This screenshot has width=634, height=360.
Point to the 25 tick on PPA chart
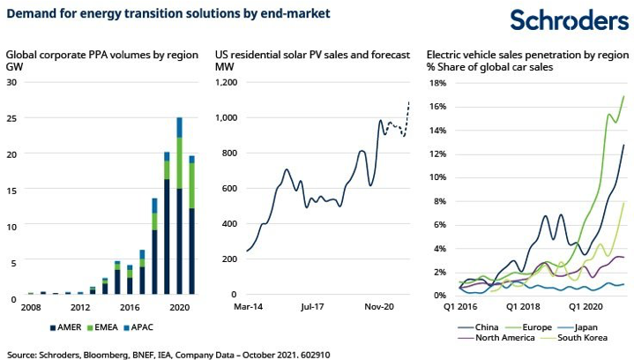pyautogui.click(x=11, y=118)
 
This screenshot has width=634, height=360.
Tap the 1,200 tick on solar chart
pyautogui.click(x=228, y=82)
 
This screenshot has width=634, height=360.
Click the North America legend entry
pyautogui.click(x=498, y=337)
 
